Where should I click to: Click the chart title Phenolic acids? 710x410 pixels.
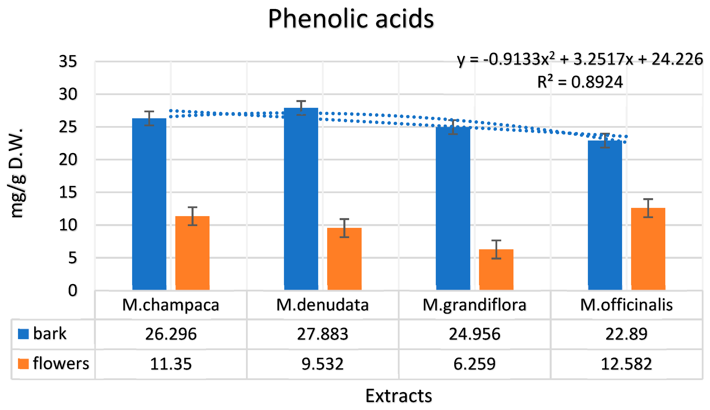pyautogui.click(x=351, y=19)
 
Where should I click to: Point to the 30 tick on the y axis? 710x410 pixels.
pyautogui.click(x=68, y=94)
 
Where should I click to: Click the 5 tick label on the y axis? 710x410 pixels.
pyautogui.click(x=72, y=258)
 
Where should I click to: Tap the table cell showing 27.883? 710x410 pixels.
pyautogui.click(x=323, y=334)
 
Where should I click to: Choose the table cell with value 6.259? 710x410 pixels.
pyautogui.click(x=474, y=364)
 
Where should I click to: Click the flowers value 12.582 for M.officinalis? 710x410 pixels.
pyautogui.click(x=626, y=364)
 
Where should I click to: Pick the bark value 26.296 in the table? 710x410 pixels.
pyautogui.click(x=171, y=334)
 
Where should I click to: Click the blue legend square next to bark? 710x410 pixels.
pyautogui.click(x=23, y=334)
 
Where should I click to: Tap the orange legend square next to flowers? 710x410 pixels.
pyautogui.click(x=23, y=364)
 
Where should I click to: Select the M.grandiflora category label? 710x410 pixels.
pyautogui.click(x=474, y=305)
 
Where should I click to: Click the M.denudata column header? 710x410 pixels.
pyautogui.click(x=323, y=305)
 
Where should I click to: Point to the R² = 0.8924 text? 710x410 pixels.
pyautogui.click(x=580, y=82)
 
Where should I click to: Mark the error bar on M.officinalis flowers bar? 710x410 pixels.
pyautogui.click(x=648, y=208)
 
